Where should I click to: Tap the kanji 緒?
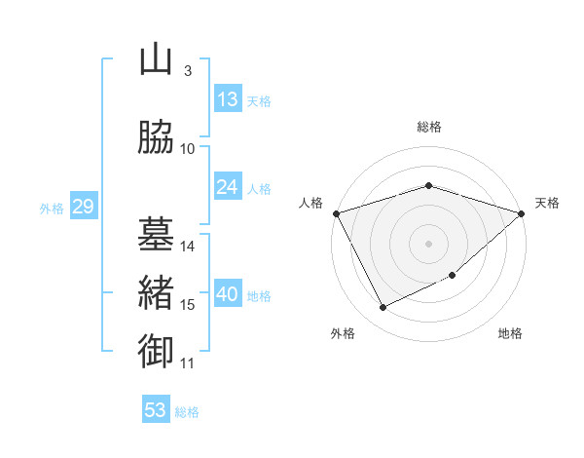[x=155, y=291]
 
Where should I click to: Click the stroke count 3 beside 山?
[x=187, y=71]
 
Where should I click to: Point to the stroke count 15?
[x=188, y=305]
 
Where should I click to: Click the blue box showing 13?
[x=227, y=99]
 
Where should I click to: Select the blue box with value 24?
[x=227, y=187]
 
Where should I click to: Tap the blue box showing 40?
[x=227, y=295]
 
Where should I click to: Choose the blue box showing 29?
[x=83, y=208]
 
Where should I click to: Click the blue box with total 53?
[x=155, y=410]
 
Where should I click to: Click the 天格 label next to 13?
[x=259, y=101]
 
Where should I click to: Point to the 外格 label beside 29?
[x=52, y=209]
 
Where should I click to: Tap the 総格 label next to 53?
[x=187, y=412]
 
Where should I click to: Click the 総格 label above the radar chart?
[x=428, y=127]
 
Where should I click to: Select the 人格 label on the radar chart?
[x=310, y=203]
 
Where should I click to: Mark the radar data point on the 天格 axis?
[x=522, y=213]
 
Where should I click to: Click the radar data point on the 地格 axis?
[x=453, y=276]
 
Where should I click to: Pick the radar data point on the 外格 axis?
[x=383, y=308]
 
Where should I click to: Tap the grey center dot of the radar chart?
[x=428, y=244]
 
